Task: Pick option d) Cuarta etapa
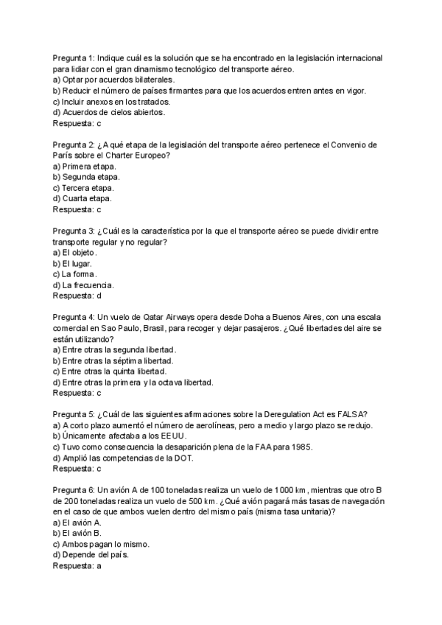(x=83, y=199)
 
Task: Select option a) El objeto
(x=75, y=252)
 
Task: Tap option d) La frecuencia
(x=83, y=285)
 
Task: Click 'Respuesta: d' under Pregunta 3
(x=77, y=296)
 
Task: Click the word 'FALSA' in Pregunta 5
(x=352, y=414)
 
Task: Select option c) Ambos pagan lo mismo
(x=102, y=544)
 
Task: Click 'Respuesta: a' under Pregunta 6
(x=77, y=566)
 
